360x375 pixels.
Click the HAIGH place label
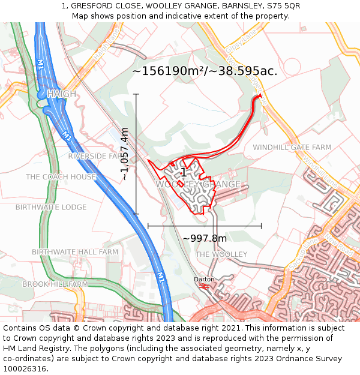pyautogui.click(x=62, y=94)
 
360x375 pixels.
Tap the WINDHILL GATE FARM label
pyautogui.click(x=292, y=147)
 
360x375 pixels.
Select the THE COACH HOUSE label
pyautogui.click(x=61, y=177)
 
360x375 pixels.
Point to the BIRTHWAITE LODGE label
pyautogui.click(x=51, y=208)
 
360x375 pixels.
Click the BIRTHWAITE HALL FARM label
pyautogui.click(x=75, y=252)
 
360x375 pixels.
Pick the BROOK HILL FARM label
pyautogui.click(x=55, y=284)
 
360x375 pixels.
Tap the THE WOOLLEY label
pyautogui.click(x=221, y=254)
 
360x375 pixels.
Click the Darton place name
pyautogui.click(x=203, y=280)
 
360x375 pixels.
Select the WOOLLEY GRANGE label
pyautogui.click(x=199, y=184)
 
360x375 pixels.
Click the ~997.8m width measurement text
pyautogui.click(x=205, y=238)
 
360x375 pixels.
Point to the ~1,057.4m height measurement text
pyautogui.click(x=125, y=154)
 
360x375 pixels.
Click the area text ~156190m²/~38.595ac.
pyautogui.click(x=205, y=71)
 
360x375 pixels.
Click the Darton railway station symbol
pyautogui.click(x=203, y=287)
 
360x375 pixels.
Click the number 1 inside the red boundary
pyautogui.click(x=183, y=173)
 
